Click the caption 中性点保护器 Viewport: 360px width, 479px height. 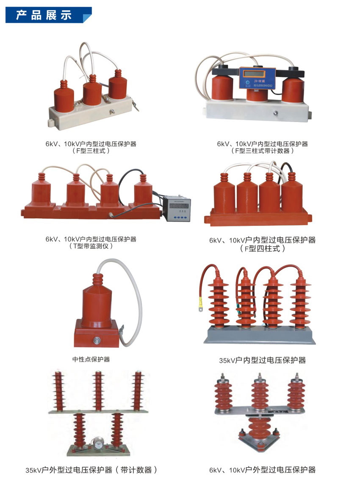[91, 359]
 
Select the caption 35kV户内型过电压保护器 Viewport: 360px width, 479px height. [262, 360]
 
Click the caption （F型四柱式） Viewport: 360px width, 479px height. [262, 249]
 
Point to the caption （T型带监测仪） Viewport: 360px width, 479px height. [91, 246]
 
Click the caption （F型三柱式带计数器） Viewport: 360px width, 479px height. [262, 151]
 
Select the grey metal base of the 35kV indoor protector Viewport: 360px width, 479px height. [259, 337]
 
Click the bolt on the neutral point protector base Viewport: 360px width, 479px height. [97, 340]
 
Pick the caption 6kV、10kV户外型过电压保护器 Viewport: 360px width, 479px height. [262, 470]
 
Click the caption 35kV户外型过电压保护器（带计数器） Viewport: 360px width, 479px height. [91, 470]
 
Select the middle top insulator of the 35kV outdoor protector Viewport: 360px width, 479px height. [98, 390]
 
